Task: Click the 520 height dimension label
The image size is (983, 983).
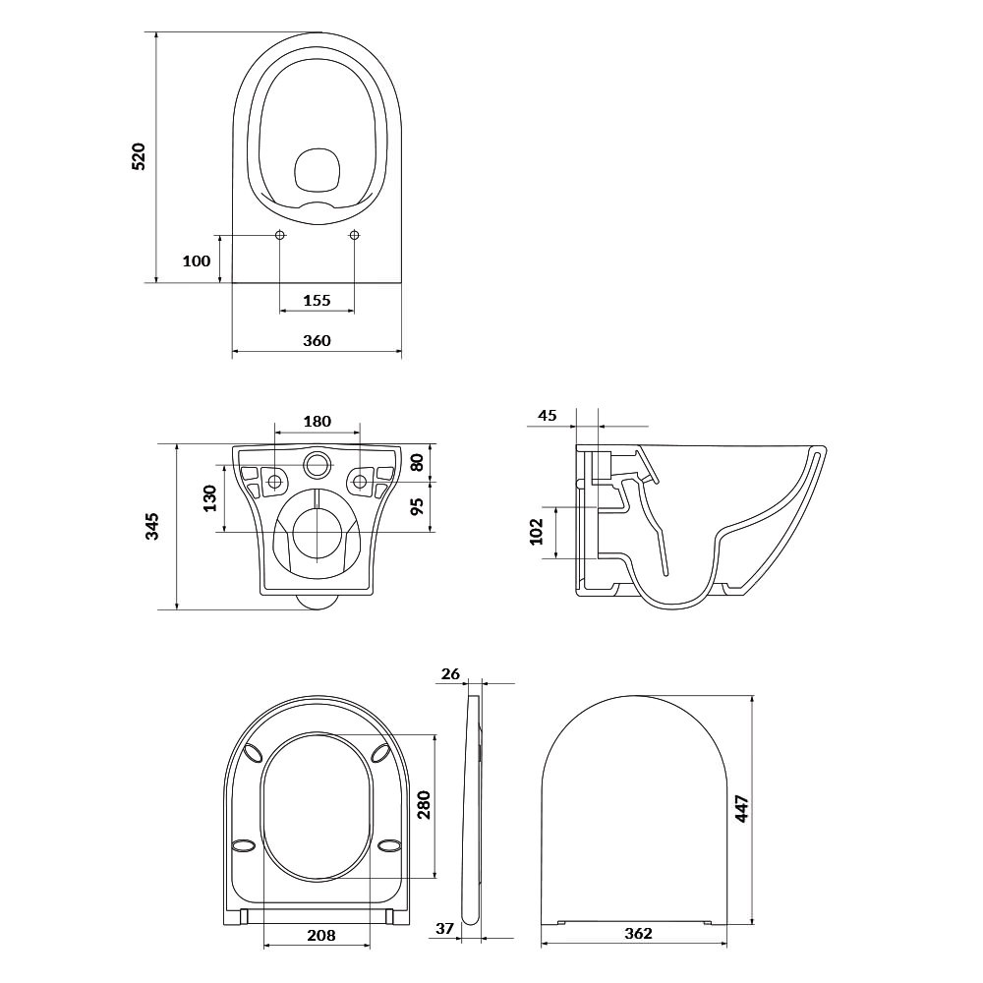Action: [139, 156]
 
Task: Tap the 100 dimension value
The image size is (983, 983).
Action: [197, 260]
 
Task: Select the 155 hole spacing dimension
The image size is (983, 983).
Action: [317, 300]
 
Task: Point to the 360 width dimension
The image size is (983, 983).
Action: [317, 340]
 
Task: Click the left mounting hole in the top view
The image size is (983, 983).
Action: [279, 235]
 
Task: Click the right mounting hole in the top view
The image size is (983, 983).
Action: [354, 235]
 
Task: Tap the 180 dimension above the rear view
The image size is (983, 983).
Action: [318, 422]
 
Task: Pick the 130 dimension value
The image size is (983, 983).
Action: [210, 498]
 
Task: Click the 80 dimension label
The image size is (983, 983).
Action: [417, 462]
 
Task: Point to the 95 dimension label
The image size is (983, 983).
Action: [417, 505]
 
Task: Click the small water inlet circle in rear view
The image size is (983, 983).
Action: [318, 464]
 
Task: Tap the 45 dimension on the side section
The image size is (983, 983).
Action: [548, 415]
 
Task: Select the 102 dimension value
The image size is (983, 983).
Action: [537, 532]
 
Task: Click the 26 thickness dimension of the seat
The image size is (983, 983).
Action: [451, 674]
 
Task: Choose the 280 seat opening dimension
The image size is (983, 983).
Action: [425, 805]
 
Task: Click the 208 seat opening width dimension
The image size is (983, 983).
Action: [321, 936]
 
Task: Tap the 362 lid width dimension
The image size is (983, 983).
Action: [638, 934]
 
